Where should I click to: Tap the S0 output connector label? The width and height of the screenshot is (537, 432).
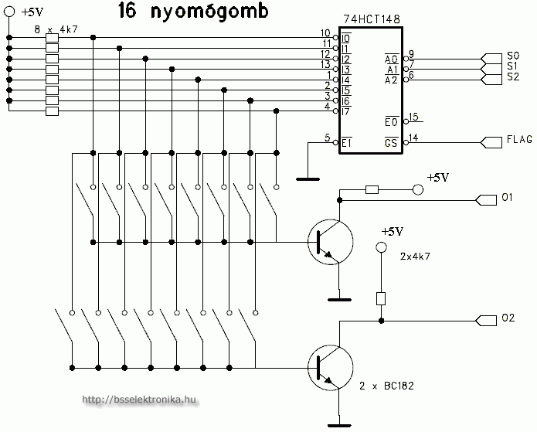click(x=513, y=56)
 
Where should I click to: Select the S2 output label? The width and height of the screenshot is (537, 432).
click(x=513, y=78)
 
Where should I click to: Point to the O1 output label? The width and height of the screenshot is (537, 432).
click(x=507, y=199)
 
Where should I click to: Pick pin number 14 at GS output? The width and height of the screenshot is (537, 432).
click(x=414, y=138)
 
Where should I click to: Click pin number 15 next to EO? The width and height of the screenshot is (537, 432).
click(x=414, y=117)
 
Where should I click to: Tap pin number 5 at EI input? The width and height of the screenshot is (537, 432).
click(x=328, y=138)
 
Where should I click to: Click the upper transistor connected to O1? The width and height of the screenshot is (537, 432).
click(x=328, y=242)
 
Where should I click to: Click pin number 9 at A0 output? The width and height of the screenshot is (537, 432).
click(x=412, y=53)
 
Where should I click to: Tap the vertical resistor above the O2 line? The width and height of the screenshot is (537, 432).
click(x=380, y=298)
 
